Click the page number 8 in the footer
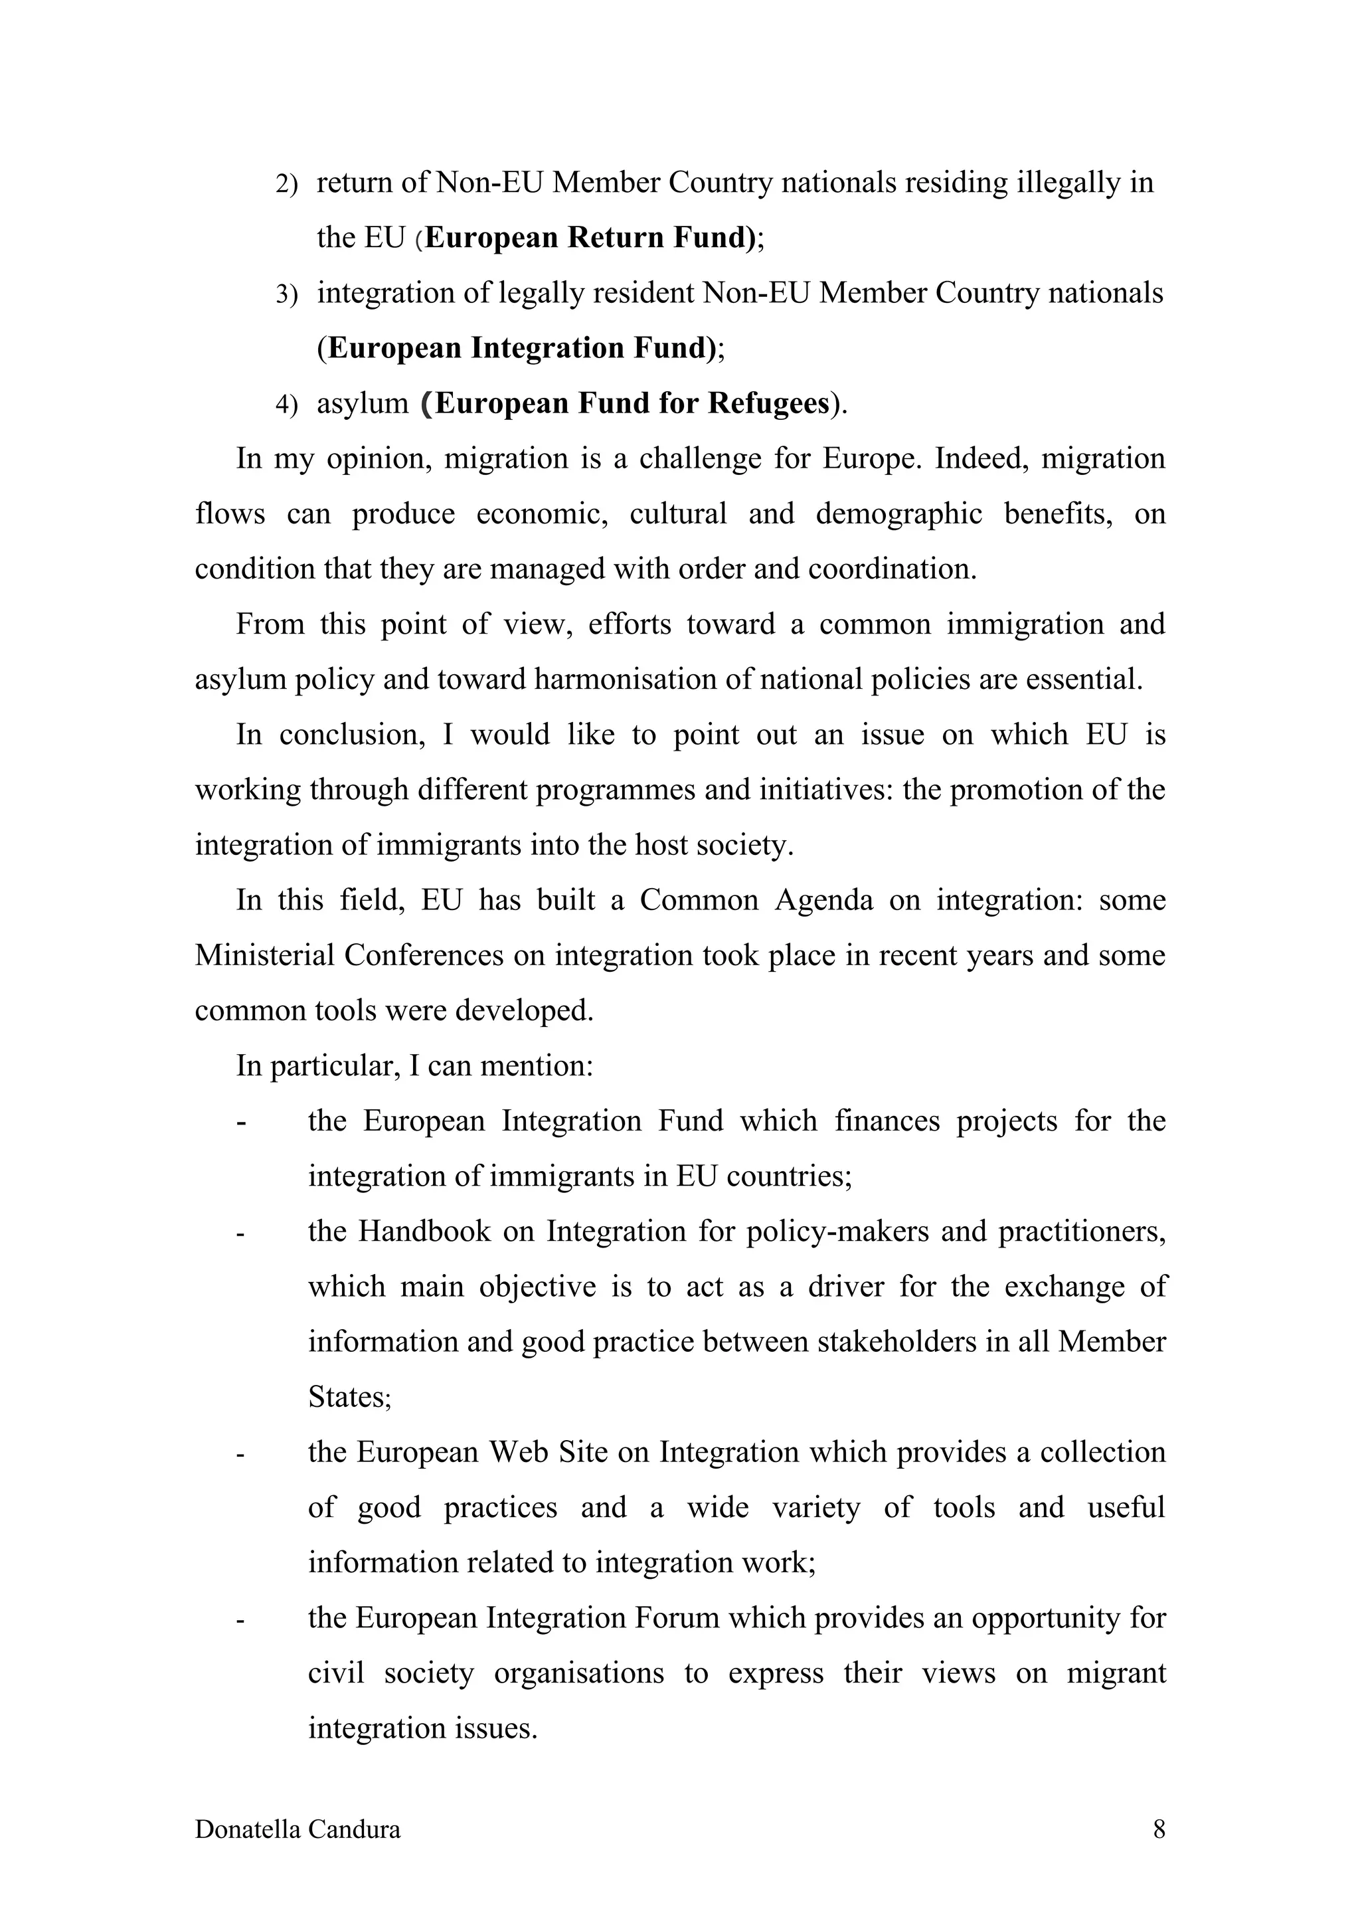point(1159,1829)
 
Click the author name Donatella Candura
point(297,1829)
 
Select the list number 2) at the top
point(287,183)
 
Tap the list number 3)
point(287,294)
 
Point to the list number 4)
point(287,405)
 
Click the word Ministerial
point(264,955)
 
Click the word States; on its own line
point(349,1397)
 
